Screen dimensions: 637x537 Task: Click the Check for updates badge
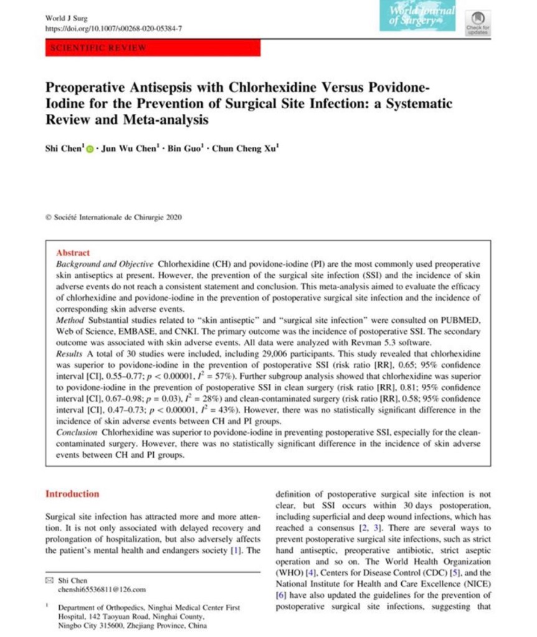(x=478, y=21)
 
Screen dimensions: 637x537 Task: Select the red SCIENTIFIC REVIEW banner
(x=153, y=48)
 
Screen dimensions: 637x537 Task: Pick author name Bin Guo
(x=185, y=150)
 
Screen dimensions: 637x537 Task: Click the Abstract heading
(x=73, y=253)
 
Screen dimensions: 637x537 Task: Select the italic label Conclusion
(x=77, y=431)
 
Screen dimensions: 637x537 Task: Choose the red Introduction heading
(x=72, y=494)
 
